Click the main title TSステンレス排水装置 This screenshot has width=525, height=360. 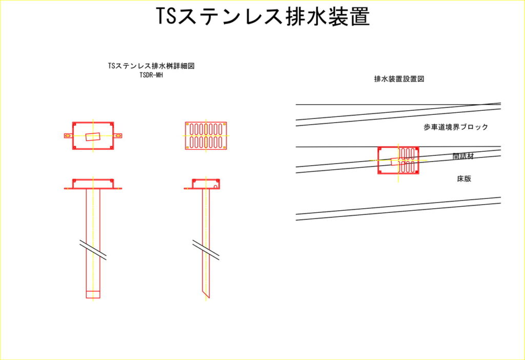point(263,16)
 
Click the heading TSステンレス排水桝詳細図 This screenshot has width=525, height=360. point(151,66)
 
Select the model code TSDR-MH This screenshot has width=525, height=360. point(151,75)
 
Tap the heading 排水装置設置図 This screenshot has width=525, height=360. point(399,78)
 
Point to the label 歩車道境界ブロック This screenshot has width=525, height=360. point(456,127)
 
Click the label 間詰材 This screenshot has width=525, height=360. point(463,156)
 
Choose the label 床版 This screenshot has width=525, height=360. point(464,178)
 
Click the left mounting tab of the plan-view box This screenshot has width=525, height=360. point(68,135)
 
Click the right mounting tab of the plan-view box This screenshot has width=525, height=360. point(117,135)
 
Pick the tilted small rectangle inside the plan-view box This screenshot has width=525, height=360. point(93,136)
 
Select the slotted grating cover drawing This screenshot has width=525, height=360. point(206,135)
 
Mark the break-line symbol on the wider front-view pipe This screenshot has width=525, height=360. point(93,250)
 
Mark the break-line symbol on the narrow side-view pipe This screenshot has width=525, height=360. point(206,250)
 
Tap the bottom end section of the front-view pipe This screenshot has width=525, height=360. point(93,294)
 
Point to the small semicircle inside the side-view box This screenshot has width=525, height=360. point(216,187)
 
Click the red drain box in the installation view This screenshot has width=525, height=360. point(398,161)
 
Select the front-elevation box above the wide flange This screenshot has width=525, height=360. point(93,184)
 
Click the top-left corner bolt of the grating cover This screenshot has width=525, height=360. point(188,124)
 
